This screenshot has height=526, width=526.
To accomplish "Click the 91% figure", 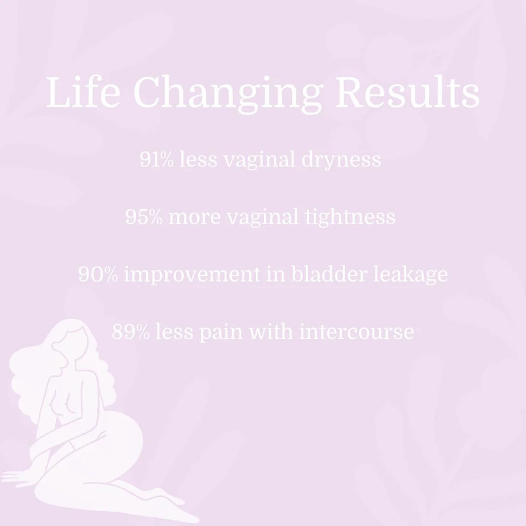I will tap(157, 159).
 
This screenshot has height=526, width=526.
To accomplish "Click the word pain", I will tap(219, 332).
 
